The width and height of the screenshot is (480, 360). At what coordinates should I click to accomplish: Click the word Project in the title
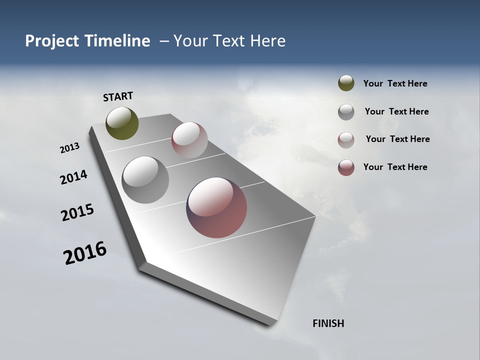tap(52, 41)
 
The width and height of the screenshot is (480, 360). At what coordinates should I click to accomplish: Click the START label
tap(118, 96)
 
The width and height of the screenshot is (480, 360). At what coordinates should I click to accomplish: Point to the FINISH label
tap(328, 323)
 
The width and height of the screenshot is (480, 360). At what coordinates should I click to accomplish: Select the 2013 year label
tap(69, 148)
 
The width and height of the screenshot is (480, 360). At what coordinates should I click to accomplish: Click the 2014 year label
tap(73, 177)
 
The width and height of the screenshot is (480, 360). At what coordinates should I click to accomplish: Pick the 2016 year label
tap(85, 253)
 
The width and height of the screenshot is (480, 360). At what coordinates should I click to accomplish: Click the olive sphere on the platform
tap(122, 123)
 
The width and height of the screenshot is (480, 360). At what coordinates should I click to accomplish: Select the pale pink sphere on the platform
tap(189, 139)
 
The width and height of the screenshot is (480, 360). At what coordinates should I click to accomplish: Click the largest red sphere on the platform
tap(216, 207)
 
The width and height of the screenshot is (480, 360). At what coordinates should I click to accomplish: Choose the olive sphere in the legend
tap(346, 83)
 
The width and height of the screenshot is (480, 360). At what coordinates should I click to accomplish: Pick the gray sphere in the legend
tap(346, 112)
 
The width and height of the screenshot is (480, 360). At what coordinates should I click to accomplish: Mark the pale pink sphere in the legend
tap(346, 140)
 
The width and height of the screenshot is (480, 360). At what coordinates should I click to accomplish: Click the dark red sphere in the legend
tap(346, 167)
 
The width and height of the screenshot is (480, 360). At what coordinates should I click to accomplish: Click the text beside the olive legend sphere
tap(395, 84)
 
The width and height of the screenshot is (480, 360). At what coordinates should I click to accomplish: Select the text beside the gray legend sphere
tap(396, 111)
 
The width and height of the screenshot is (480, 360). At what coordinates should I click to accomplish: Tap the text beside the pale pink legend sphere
tap(397, 139)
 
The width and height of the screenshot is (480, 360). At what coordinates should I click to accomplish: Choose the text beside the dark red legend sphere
tap(395, 167)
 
